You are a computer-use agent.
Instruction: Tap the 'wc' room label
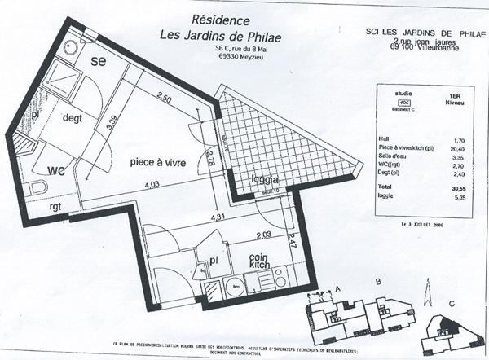pyautogui.click(x=55, y=170)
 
